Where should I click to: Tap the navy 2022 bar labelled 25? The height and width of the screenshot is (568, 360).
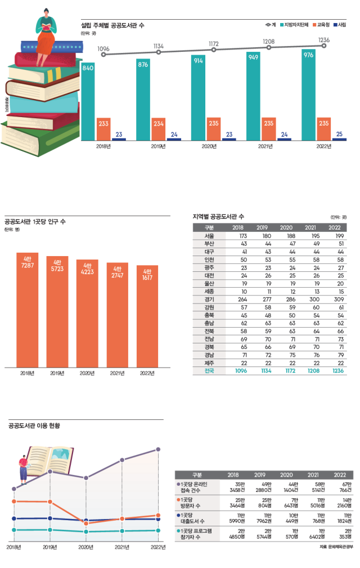point(339,138)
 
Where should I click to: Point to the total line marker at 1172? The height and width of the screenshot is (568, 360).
point(213,50)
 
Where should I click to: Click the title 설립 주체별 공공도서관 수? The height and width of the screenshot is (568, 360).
point(112,25)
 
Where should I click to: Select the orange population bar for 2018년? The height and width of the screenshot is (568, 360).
point(27,310)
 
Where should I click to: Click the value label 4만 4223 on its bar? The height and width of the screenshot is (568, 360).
point(87,267)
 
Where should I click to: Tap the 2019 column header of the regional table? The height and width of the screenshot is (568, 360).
point(261,227)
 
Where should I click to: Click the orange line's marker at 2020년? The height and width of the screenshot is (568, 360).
point(86,524)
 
